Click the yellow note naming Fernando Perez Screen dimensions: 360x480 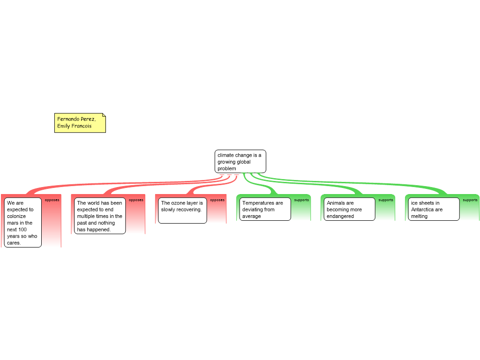click(80, 123)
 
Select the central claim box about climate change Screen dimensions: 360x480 click(240, 161)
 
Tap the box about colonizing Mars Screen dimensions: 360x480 click(23, 223)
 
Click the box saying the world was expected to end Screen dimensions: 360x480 click(99, 216)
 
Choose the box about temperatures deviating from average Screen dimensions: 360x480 click(265, 210)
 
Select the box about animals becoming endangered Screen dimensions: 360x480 click(350, 210)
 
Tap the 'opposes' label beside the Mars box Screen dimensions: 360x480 click(52, 200)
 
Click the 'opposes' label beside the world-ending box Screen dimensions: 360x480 click(136, 200)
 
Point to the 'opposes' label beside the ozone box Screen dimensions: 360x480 click(217, 200)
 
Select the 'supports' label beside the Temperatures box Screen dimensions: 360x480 click(301, 200)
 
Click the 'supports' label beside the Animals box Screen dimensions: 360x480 click(386, 200)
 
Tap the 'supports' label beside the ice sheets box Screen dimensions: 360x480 click(470, 200)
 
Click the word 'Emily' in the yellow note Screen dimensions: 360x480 click(64, 126)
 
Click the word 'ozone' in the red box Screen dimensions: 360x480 click(178, 203)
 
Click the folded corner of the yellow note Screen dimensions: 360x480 click(104, 115)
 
